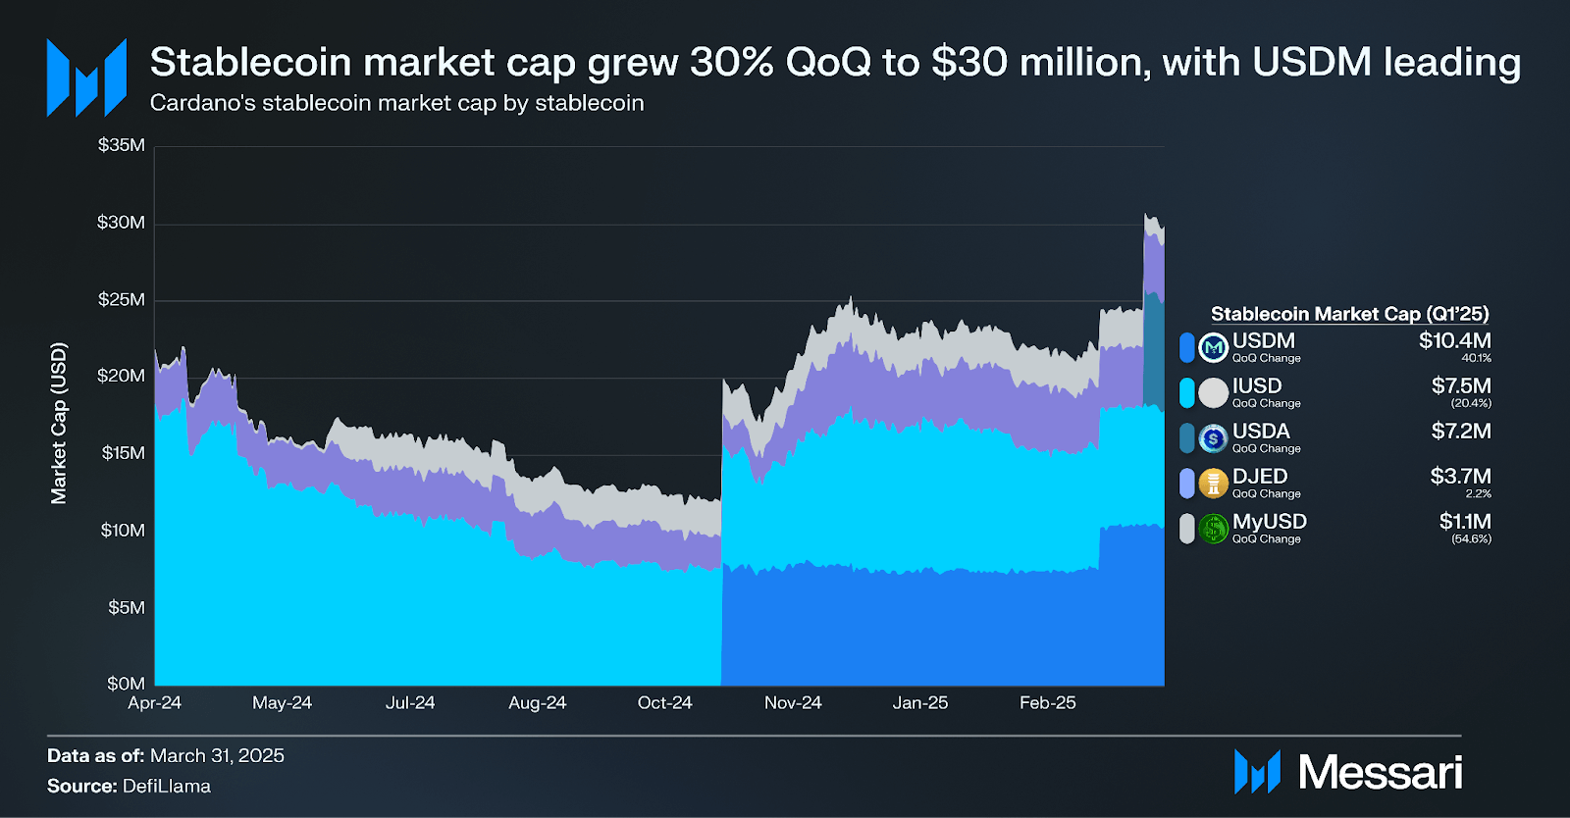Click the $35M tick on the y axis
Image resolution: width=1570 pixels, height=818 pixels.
coord(122,145)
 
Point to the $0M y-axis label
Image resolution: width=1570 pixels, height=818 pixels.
coord(126,684)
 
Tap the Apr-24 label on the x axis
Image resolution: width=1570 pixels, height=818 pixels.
coord(154,703)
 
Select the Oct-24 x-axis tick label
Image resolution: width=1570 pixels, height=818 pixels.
coord(664,703)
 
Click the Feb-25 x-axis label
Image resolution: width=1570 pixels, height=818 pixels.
coord(1047,703)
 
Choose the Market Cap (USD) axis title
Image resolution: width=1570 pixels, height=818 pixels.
coord(59,424)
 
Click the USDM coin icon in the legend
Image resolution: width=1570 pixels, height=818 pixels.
coord(1214,347)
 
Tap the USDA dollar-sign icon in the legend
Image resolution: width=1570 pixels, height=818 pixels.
coord(1214,438)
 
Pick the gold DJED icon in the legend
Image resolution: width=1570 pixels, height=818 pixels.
coord(1214,484)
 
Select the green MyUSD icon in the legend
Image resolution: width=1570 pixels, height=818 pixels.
coord(1214,529)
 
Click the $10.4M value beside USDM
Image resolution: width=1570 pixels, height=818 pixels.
coord(1454,340)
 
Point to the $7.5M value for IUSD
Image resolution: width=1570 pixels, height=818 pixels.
coord(1460,385)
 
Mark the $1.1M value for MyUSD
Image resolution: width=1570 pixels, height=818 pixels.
coord(1464,521)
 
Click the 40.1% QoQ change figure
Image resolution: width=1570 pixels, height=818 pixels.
coord(1476,358)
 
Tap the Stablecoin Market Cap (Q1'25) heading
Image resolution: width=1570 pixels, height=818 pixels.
coord(1349,314)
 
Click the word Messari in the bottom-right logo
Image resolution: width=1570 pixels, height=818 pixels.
coord(1380,773)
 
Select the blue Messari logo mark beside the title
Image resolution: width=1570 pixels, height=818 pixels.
coord(86,77)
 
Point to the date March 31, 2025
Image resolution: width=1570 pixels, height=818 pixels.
coord(217,756)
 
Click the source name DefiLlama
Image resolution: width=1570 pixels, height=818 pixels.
coord(166,787)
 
